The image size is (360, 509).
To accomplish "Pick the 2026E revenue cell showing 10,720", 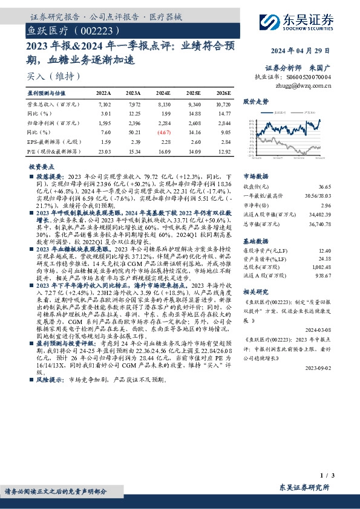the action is point(222,105).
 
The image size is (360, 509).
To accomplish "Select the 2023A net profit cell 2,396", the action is point(133,122).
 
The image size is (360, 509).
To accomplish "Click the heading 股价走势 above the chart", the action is point(255,102).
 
